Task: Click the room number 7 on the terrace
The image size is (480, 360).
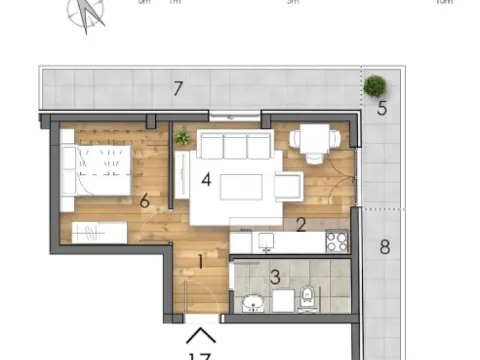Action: pyautogui.click(x=177, y=89)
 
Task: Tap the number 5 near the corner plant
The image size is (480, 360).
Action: pyautogui.click(x=382, y=108)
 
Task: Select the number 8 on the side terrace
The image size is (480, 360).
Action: pyautogui.click(x=385, y=246)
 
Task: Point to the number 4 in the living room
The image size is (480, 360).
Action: pyautogui.click(x=205, y=180)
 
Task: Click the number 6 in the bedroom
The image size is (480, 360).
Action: pyautogui.click(x=145, y=201)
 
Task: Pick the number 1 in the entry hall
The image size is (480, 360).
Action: pyautogui.click(x=200, y=263)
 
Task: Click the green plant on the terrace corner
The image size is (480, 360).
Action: pyautogui.click(x=376, y=85)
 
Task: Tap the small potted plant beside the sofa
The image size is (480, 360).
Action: pyautogui.click(x=182, y=138)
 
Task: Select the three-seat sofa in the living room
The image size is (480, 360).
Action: pyautogui.click(x=236, y=147)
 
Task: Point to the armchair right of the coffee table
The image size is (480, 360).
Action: pyautogui.click(x=289, y=185)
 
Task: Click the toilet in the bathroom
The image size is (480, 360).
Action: pyautogui.click(x=308, y=297)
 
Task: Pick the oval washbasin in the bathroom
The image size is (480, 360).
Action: pyautogui.click(x=252, y=302)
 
